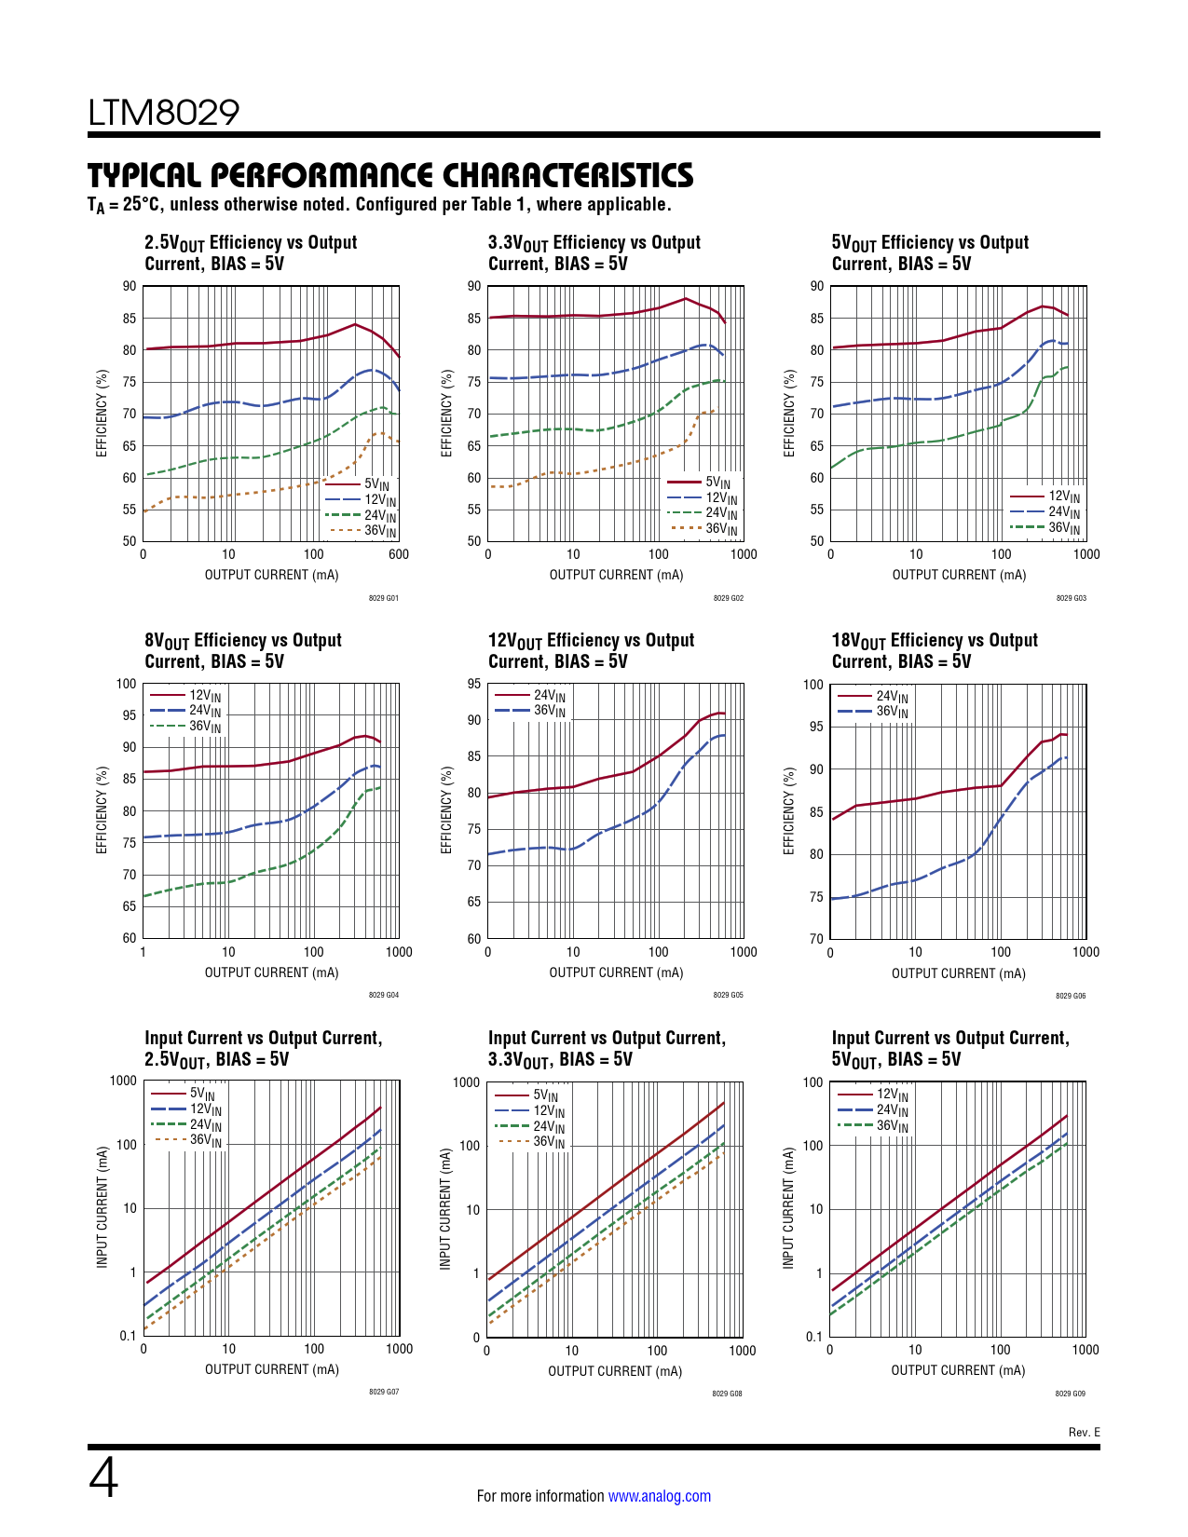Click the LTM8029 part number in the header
[x=164, y=113]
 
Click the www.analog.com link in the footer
[x=659, y=1496]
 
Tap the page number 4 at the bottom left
[x=103, y=1477]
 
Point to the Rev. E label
[x=1084, y=1432]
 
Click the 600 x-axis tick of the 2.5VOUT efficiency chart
[x=399, y=554]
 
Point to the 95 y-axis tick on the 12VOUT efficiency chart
[x=474, y=685]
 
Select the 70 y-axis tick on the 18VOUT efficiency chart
[x=816, y=939]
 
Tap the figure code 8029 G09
[x=1070, y=1394]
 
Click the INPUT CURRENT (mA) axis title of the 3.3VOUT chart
[x=445, y=1208]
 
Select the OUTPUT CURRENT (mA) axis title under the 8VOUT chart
[x=271, y=973]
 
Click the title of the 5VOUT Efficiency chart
[x=930, y=252]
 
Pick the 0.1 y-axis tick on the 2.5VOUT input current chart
[x=128, y=1336]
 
